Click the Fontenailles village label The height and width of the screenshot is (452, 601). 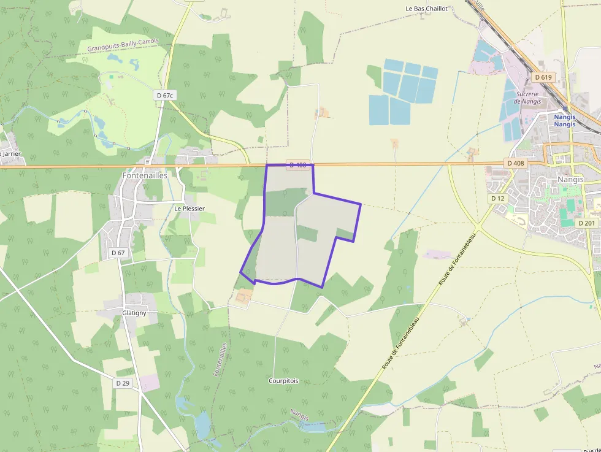(x=145, y=175)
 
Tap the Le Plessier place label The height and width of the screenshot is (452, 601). (x=189, y=209)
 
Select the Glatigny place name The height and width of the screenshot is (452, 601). (x=134, y=312)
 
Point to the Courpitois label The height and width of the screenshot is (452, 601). (x=283, y=381)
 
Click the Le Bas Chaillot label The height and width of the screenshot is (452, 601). (x=427, y=9)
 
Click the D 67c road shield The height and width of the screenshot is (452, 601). (x=166, y=95)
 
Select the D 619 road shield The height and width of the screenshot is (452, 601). (x=543, y=77)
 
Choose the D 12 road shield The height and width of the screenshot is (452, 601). (x=497, y=199)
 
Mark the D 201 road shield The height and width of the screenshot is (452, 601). (x=588, y=223)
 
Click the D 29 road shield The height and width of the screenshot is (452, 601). (x=123, y=383)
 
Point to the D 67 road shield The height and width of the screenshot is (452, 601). (x=118, y=253)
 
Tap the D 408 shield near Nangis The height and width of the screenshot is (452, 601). (x=516, y=163)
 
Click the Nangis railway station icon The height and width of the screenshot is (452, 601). (x=564, y=109)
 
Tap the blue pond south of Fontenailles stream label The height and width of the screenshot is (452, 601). (x=202, y=423)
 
